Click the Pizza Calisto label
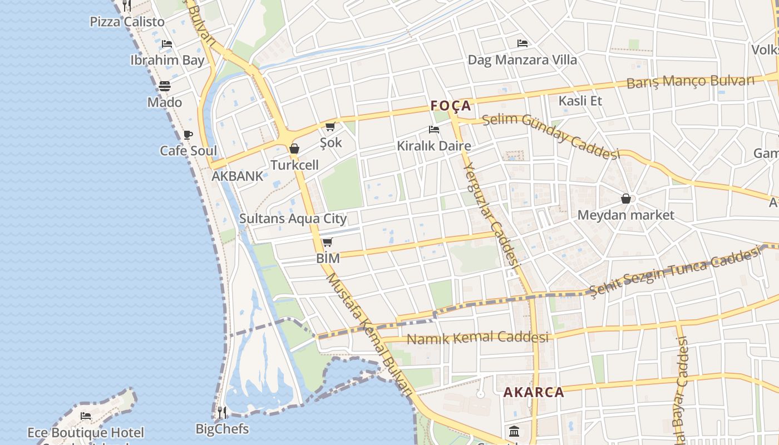(x=127, y=22)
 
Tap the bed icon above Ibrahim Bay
(x=166, y=44)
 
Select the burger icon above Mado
(x=165, y=86)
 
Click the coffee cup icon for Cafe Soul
(x=188, y=135)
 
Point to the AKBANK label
(x=237, y=176)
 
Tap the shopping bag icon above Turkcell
(x=294, y=149)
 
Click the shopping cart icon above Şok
(x=331, y=127)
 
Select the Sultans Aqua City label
(x=293, y=219)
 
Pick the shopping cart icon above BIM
(x=328, y=242)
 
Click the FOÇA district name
(x=451, y=106)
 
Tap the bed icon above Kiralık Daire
(x=434, y=130)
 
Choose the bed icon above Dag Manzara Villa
(x=522, y=43)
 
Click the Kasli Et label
(x=580, y=101)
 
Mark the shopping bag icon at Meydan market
(x=626, y=199)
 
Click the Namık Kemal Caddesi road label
(x=477, y=338)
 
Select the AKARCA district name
(x=534, y=392)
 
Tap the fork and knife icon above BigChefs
(x=222, y=412)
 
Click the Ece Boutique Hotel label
(x=86, y=433)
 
